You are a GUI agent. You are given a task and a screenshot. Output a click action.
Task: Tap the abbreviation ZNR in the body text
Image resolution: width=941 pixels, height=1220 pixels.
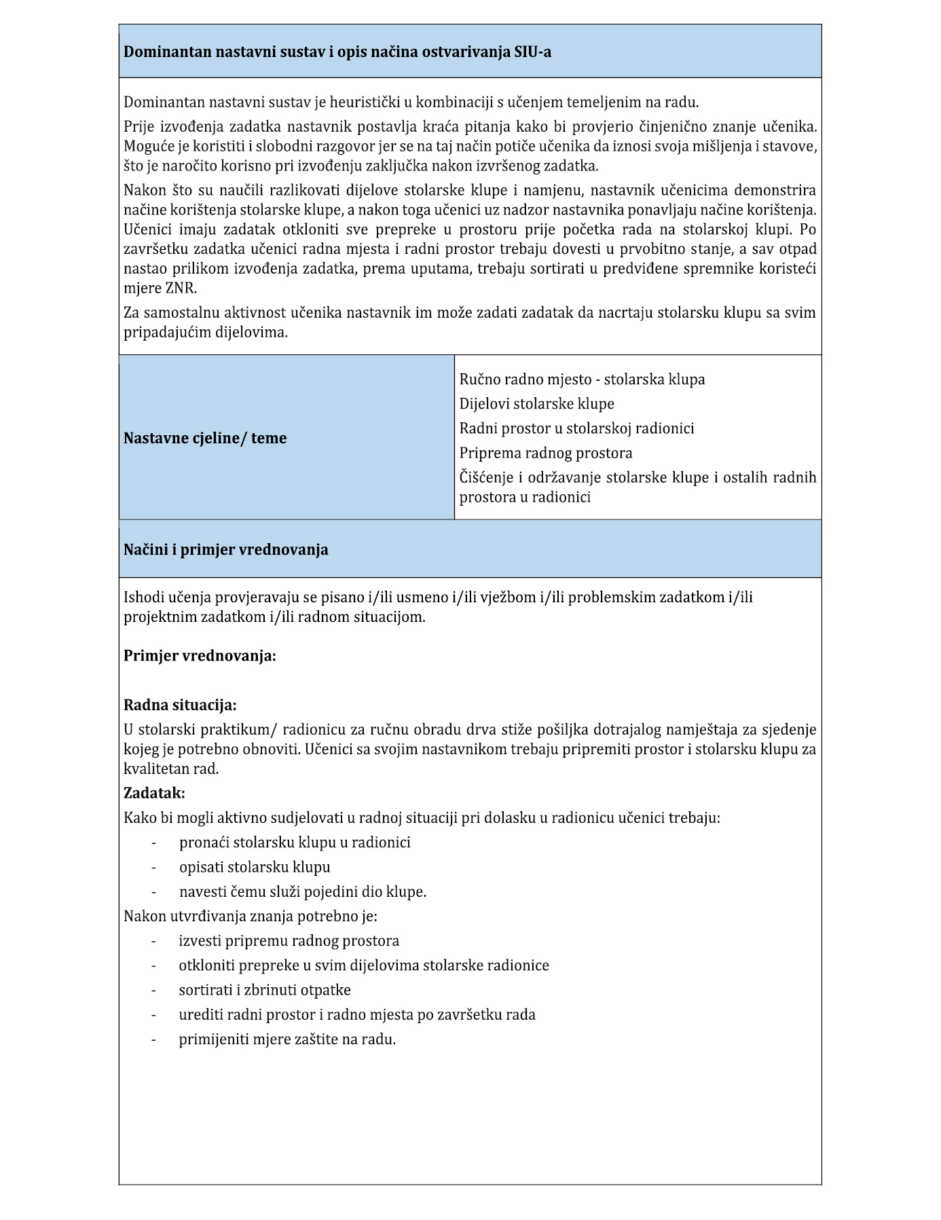[x=179, y=288]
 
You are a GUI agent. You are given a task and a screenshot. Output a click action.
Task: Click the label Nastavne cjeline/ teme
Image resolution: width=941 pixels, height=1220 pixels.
[x=205, y=438]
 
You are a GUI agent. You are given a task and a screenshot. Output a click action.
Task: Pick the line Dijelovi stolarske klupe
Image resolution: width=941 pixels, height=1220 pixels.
[x=536, y=404]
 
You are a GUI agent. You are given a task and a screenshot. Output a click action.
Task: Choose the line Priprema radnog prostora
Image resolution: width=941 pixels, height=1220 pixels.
[x=545, y=453]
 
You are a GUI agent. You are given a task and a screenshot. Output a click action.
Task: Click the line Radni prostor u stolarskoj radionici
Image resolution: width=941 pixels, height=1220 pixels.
[x=576, y=428]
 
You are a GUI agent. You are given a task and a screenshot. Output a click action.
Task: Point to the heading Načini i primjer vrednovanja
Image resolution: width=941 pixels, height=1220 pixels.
[x=225, y=549]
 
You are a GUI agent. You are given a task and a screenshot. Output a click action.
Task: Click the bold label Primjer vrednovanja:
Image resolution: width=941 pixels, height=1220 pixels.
[x=200, y=656]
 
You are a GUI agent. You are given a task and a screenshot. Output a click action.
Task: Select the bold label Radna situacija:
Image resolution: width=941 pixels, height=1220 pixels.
[x=180, y=705]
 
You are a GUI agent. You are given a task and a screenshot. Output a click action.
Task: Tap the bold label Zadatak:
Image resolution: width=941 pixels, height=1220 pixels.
[x=154, y=793]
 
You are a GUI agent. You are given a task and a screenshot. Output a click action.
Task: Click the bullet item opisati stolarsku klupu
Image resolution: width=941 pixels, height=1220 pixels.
[x=255, y=867]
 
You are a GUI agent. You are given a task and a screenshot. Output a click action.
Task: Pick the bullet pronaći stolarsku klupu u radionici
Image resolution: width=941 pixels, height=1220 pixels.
[x=295, y=843]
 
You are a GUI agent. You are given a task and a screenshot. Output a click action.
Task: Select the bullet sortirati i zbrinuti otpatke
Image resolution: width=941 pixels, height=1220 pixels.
[x=265, y=990]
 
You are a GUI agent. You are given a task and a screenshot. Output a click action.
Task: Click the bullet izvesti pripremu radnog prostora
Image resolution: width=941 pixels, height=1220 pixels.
[x=289, y=941]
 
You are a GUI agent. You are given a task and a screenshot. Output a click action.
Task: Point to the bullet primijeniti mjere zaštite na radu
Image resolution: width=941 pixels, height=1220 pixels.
[x=287, y=1039]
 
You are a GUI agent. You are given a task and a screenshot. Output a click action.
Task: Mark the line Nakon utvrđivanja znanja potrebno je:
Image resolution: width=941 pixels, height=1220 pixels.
[x=250, y=916]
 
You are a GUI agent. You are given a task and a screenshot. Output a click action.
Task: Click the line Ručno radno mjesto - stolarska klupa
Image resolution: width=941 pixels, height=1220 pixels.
[x=582, y=380]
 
